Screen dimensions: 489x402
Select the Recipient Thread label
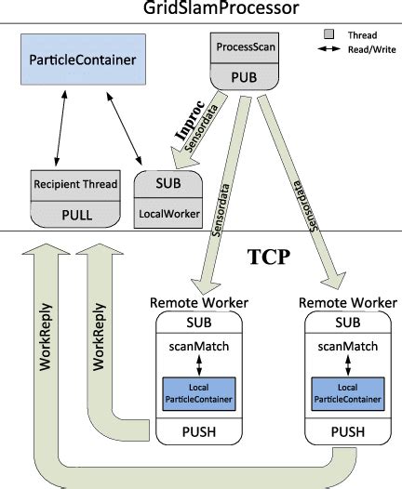click(75, 184)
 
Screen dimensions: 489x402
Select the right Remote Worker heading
click(346, 302)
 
